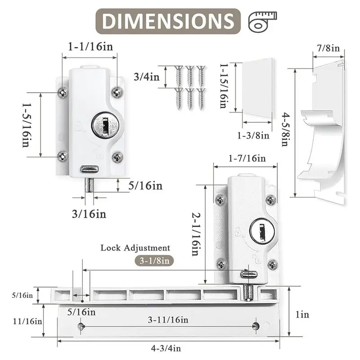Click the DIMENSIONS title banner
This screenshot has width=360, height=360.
[x=168, y=21]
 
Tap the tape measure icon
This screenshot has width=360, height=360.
[x=262, y=21]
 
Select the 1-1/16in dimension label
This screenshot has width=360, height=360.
[x=90, y=47]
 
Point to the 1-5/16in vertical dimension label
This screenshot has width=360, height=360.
[x=27, y=125]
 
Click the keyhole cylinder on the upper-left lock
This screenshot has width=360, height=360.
[x=105, y=125]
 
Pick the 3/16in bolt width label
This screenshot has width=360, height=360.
[x=89, y=214]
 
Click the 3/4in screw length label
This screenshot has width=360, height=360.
[x=147, y=76]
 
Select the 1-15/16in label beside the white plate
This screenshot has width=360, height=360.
[x=224, y=86]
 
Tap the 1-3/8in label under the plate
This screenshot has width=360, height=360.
[x=253, y=135]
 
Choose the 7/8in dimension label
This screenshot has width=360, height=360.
[x=328, y=48]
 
